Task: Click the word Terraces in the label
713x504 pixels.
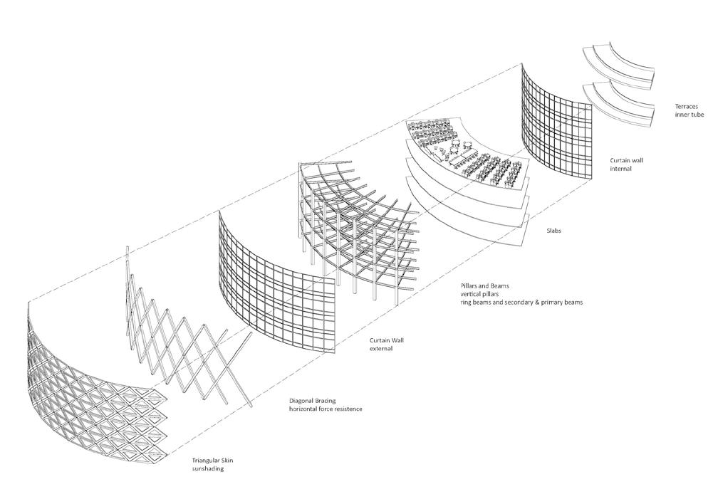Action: tap(687, 106)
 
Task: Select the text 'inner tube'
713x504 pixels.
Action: tap(689, 114)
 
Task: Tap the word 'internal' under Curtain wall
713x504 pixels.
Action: tap(620, 169)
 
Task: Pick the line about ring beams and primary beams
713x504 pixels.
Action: tap(521, 303)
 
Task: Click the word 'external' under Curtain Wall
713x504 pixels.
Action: tap(382, 350)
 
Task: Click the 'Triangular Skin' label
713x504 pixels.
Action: tap(213, 461)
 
